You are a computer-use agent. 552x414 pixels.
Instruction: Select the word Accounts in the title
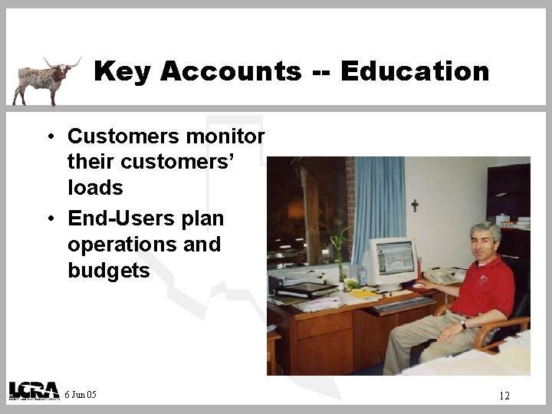232,72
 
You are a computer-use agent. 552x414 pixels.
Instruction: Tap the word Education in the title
414,72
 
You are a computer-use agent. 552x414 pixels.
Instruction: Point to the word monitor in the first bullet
228,136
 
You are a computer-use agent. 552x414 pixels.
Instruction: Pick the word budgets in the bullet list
109,271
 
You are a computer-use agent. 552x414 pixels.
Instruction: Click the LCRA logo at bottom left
34,390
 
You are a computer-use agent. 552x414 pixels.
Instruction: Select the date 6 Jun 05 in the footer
80,395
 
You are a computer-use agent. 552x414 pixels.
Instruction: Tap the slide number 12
504,396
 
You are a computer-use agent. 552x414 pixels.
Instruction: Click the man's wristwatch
463,325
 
